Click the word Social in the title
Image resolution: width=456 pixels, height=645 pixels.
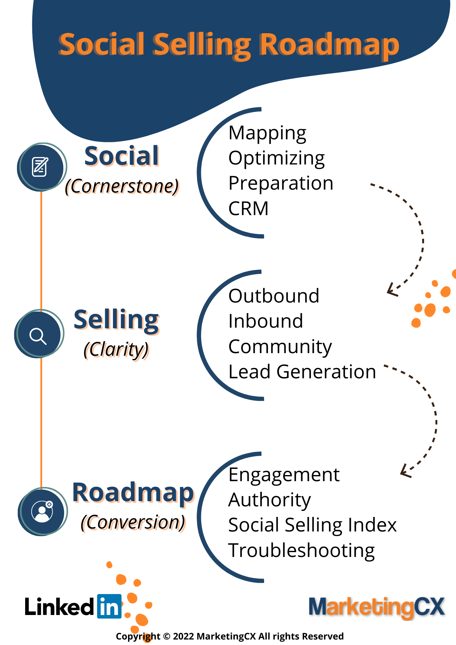(x=101, y=44)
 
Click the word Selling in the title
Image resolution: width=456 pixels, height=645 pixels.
(x=202, y=45)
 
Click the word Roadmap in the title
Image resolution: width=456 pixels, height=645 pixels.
(x=329, y=45)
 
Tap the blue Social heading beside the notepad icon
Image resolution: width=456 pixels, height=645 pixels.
(x=122, y=156)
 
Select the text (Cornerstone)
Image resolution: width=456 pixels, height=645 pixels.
(x=123, y=187)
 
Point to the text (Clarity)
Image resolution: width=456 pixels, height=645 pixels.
(x=118, y=351)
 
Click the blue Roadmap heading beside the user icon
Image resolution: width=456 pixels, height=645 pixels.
(x=134, y=493)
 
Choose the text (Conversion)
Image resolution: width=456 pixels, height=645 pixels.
(x=134, y=523)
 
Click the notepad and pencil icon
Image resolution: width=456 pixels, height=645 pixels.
(x=40, y=166)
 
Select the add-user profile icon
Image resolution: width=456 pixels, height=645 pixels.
(x=42, y=511)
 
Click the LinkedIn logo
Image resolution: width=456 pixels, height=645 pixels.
(x=109, y=606)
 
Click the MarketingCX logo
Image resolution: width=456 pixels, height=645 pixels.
(x=377, y=607)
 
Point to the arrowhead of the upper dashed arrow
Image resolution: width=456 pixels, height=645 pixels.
(x=391, y=290)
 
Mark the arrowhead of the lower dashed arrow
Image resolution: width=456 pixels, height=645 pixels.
(x=404, y=471)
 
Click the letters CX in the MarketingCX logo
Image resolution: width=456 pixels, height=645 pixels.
(x=430, y=606)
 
